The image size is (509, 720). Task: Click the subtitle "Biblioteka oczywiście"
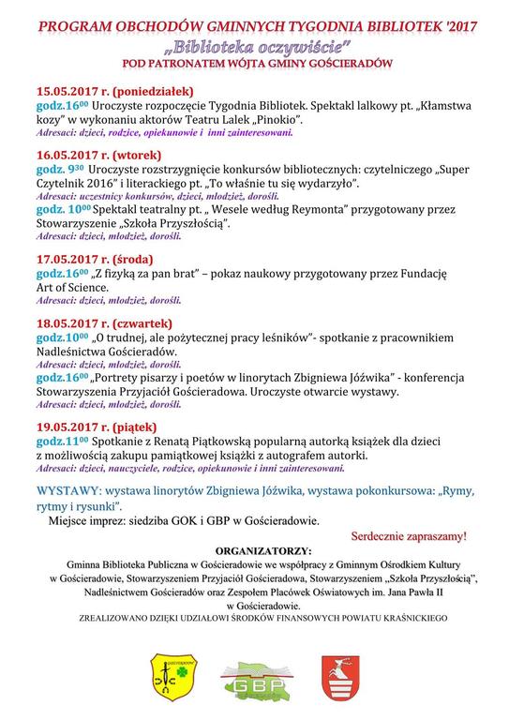point(254,44)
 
